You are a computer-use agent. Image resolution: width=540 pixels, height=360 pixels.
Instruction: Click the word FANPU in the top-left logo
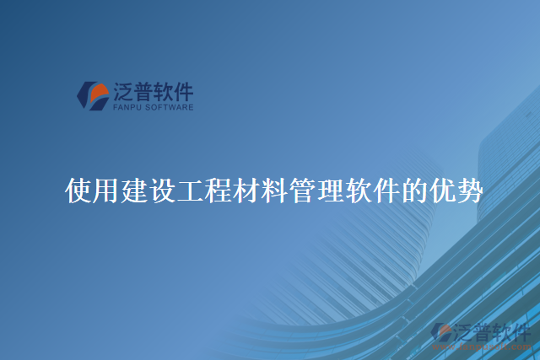[127, 108]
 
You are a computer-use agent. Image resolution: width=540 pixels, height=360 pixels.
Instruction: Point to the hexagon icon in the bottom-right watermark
[441, 334]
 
